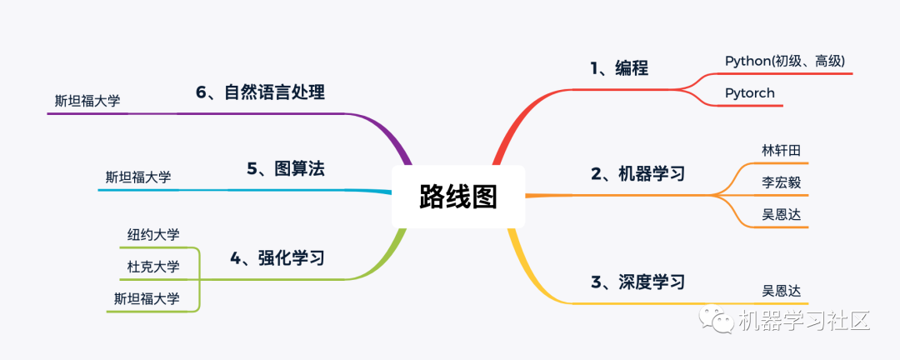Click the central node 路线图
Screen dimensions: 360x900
[x=457, y=197]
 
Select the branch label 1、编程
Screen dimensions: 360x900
[x=619, y=67]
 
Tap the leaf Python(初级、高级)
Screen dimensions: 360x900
[x=785, y=61]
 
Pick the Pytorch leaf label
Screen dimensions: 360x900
[x=749, y=92]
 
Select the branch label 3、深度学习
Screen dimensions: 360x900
[x=637, y=282]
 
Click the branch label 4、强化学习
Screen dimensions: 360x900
[x=277, y=258]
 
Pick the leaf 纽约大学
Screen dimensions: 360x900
[x=153, y=234]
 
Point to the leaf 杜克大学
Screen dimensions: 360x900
[x=153, y=267]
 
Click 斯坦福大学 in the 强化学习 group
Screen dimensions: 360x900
[x=147, y=298]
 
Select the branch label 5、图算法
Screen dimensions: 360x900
[x=285, y=169]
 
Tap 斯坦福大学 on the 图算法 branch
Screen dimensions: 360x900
[x=138, y=177]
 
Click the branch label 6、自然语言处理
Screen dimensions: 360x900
[x=260, y=92]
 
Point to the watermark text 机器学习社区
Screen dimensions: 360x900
[x=803, y=321]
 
